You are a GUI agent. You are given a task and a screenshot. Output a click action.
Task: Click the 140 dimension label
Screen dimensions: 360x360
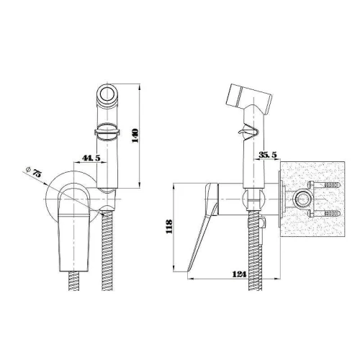pyautogui.click(x=135, y=135)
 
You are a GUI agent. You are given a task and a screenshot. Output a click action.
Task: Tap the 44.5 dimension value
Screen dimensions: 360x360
pyautogui.click(x=91, y=158)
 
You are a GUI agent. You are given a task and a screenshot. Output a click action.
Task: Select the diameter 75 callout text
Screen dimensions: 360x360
pyautogui.click(x=34, y=171)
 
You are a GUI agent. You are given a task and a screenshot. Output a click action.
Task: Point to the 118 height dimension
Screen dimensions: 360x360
pyautogui.click(x=169, y=226)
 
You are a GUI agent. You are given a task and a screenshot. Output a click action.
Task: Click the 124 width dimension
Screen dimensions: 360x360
pyautogui.click(x=239, y=274)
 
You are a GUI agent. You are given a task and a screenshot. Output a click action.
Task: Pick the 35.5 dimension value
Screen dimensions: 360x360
pyautogui.click(x=268, y=155)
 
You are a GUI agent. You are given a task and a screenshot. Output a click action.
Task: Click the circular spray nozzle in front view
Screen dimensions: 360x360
pyautogui.click(x=107, y=94)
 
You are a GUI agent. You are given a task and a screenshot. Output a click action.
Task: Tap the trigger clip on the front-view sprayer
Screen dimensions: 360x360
pyautogui.click(x=107, y=132)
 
